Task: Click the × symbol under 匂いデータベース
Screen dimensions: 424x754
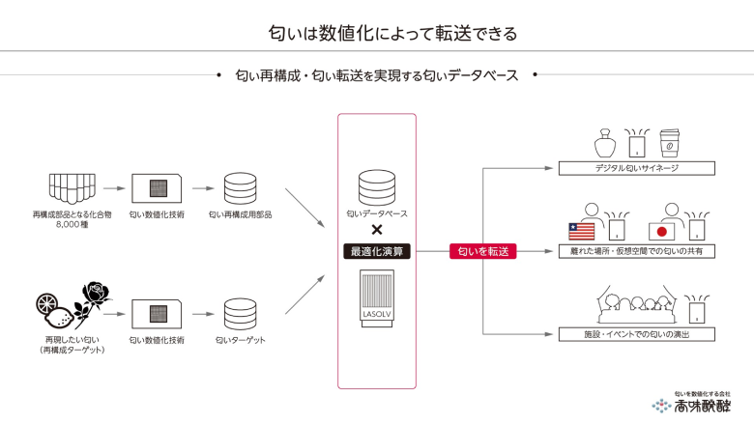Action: (x=377, y=230)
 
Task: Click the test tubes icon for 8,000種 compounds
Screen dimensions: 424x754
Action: (x=72, y=185)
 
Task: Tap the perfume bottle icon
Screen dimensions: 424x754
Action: (x=605, y=144)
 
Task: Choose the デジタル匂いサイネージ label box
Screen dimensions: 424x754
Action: (x=637, y=168)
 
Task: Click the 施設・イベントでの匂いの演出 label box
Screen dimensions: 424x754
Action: (x=637, y=334)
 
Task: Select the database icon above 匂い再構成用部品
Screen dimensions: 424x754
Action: (x=240, y=187)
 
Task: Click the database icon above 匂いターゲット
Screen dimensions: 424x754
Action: (x=240, y=313)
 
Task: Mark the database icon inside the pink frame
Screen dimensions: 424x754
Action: (x=377, y=186)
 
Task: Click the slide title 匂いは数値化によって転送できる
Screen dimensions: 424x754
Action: (x=377, y=33)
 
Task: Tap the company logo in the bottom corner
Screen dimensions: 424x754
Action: (x=691, y=404)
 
